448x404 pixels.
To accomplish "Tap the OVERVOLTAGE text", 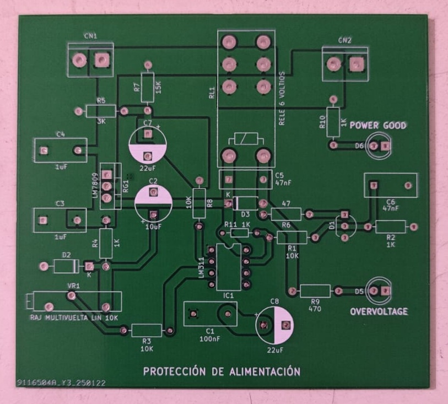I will (379, 312).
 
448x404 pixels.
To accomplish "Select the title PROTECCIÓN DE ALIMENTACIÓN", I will (222, 371).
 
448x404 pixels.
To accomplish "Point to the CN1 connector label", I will (90, 36).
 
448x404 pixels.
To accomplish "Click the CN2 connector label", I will (344, 40).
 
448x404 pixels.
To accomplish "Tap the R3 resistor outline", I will (147, 330).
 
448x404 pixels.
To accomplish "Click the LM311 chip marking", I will (201, 267).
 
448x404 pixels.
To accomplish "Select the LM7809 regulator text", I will (95, 187).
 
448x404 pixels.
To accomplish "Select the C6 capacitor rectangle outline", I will (390, 186).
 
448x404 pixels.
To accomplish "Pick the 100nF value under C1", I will (210, 339).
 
